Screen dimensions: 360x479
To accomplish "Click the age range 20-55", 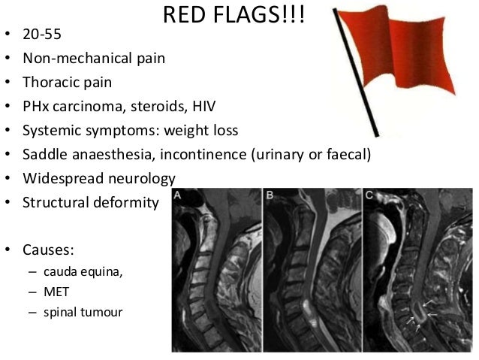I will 43,35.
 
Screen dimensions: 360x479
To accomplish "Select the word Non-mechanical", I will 71,59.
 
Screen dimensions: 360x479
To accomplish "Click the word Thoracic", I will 50,83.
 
